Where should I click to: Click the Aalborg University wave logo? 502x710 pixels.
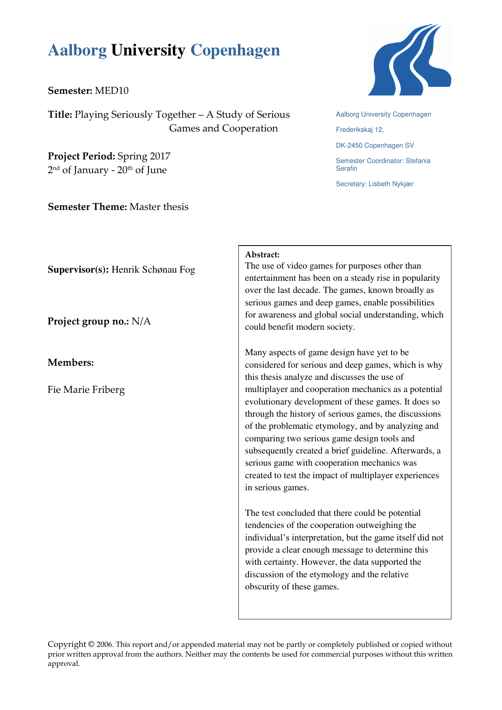pos(409,60)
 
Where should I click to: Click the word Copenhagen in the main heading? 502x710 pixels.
pos(235,50)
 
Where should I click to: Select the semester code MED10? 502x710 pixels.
pos(112,91)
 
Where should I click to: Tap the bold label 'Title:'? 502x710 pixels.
pos(60,115)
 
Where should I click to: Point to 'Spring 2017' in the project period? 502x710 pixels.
pos(144,156)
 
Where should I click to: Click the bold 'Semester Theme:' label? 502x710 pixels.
pos(87,207)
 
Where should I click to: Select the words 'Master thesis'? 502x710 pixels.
pos(159,207)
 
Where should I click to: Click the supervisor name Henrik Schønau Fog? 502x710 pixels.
pos(153,269)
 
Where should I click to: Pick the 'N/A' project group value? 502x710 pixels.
pos(141,321)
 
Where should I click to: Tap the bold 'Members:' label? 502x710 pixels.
pos(71,362)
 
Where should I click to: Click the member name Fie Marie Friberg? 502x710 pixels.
pos(86,390)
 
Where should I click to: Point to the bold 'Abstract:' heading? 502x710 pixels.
pos(262,255)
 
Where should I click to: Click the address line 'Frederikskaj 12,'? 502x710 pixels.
pos(360,130)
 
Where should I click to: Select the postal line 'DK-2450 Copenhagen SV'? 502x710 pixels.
pos(375,145)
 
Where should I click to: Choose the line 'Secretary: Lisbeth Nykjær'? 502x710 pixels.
pos(375,184)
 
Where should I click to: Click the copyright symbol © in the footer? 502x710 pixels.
pos(91,644)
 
